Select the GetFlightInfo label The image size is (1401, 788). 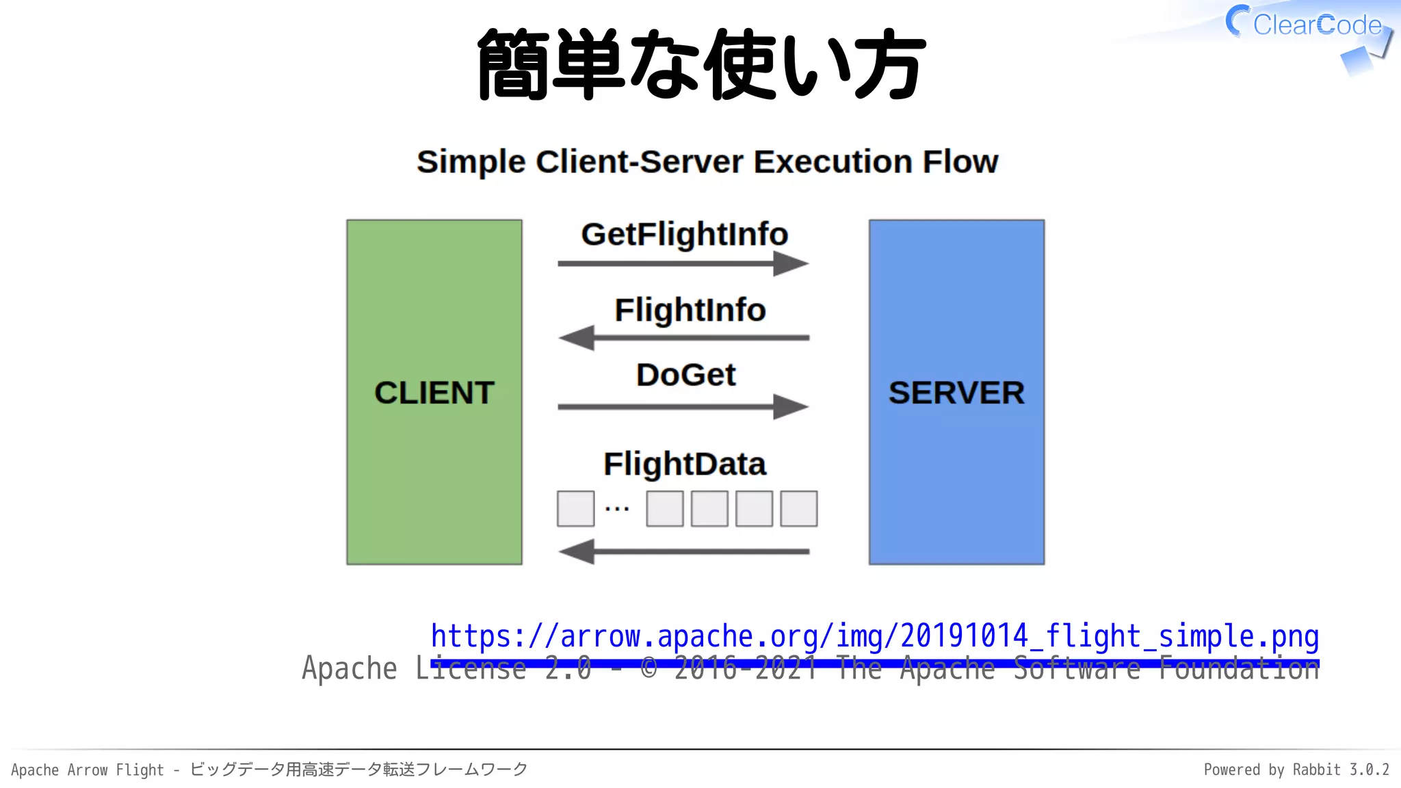(x=684, y=234)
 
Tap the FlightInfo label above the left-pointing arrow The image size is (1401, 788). (x=690, y=310)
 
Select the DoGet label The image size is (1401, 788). (x=685, y=375)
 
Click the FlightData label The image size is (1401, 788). (x=684, y=464)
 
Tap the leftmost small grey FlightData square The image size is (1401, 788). (x=575, y=508)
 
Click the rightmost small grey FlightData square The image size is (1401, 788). (x=798, y=508)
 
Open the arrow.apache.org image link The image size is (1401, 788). (x=874, y=636)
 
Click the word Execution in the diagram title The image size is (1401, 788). (x=833, y=162)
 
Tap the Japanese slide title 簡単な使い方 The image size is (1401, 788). (x=700, y=64)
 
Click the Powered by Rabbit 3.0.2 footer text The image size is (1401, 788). (x=1296, y=770)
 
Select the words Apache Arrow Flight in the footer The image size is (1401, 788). (x=88, y=770)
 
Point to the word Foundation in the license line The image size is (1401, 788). (x=1238, y=668)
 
